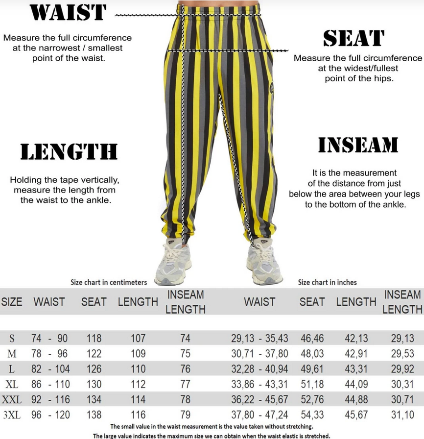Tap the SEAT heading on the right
pos(353,39)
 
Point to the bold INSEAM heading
pos(358,146)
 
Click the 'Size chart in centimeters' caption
pos(109,282)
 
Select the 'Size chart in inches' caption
pos(328,282)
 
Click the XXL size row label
pos(11,400)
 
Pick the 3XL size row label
pos(11,415)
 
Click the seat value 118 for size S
pos(94,338)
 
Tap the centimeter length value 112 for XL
pos(138,384)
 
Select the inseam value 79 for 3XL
pos(185,415)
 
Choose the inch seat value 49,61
pos(312,369)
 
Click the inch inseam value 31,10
pos(402,415)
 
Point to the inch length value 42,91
pos(356,353)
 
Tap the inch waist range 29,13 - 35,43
pos(259,338)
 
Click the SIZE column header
pos(12,302)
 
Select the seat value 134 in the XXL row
pos(94,400)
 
